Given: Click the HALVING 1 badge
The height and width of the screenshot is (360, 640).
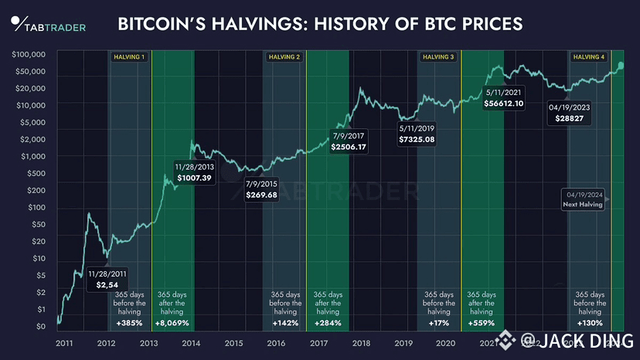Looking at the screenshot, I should click(x=129, y=57).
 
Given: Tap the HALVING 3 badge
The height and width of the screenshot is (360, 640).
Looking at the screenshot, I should click(x=438, y=57).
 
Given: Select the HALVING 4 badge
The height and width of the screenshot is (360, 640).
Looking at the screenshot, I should click(x=589, y=57).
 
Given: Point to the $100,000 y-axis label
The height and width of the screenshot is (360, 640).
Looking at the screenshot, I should click(x=29, y=55).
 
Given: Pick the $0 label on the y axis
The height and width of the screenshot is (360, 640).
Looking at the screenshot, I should click(x=40, y=327).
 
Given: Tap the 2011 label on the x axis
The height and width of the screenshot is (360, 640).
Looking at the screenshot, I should click(x=66, y=343).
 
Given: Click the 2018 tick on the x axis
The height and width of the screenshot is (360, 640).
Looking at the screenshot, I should click(x=359, y=343).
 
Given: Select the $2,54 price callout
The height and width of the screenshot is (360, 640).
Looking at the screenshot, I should click(x=107, y=285).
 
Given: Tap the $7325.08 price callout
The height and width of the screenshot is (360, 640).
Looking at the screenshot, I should click(x=417, y=139).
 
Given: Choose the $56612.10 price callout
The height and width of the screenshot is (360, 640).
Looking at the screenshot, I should click(x=504, y=103).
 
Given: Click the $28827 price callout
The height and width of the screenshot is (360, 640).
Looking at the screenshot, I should click(x=570, y=119).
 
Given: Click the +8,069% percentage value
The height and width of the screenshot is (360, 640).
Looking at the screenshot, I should click(x=171, y=322).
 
